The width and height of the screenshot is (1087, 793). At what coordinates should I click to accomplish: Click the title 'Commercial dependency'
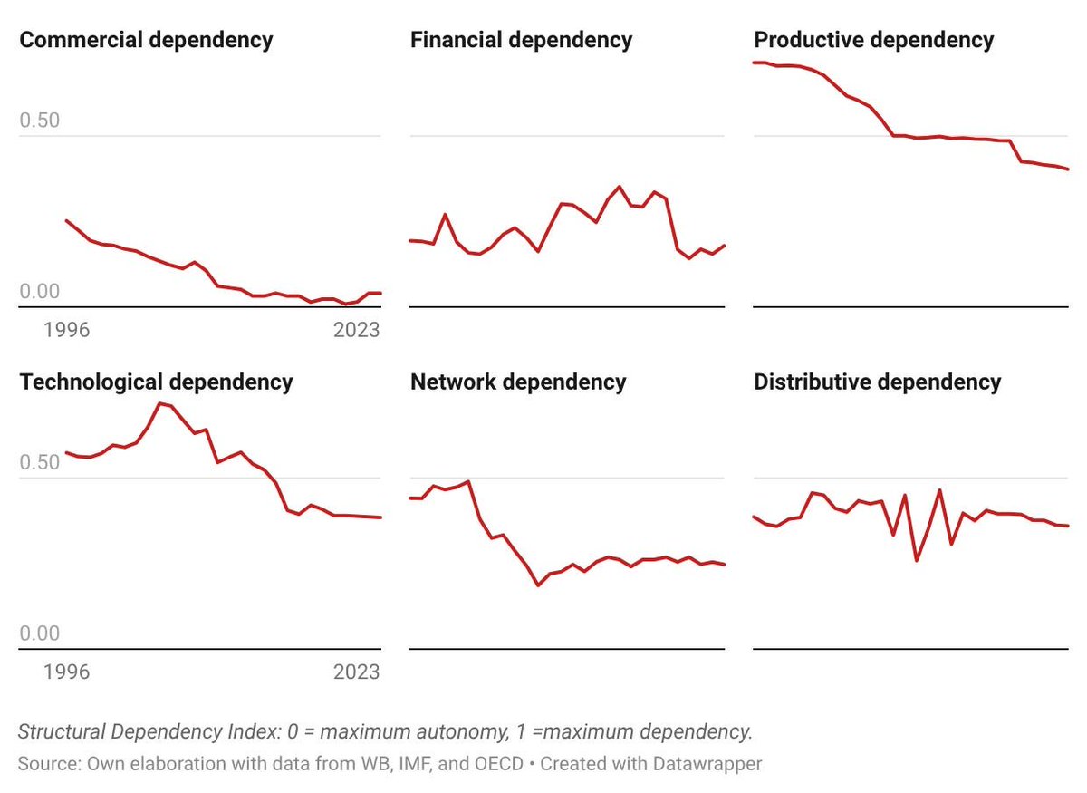tap(146, 40)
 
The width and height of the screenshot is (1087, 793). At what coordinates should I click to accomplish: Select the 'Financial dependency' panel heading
tap(521, 40)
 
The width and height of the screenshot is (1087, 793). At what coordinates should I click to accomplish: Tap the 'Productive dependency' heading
tap(873, 40)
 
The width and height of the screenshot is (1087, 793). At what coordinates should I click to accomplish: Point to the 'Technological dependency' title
tap(156, 382)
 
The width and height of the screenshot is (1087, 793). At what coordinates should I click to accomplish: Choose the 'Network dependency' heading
tap(518, 382)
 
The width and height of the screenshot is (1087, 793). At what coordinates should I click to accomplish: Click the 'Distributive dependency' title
tap(877, 382)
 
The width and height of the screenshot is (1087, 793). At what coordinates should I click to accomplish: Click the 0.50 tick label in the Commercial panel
tap(39, 121)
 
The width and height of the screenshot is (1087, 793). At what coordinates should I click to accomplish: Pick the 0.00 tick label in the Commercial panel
tap(39, 291)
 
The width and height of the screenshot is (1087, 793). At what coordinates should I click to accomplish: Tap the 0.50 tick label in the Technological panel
tap(39, 462)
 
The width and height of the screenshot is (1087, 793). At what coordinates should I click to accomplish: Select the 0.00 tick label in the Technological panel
tap(39, 633)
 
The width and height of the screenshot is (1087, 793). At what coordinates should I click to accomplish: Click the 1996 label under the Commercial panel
tap(66, 330)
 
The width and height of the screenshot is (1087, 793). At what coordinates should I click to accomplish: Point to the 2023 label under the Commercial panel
tap(357, 330)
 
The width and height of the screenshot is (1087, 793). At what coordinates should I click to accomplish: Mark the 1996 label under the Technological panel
tap(66, 672)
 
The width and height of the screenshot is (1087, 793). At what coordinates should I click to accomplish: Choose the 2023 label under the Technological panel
tap(357, 672)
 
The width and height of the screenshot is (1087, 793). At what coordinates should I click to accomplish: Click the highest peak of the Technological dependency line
tap(160, 403)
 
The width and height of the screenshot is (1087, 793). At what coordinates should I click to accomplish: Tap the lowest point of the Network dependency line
tap(538, 585)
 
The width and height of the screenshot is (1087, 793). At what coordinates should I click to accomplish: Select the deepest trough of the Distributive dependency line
tap(916, 560)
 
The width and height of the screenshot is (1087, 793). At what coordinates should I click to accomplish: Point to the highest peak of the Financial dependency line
tap(620, 187)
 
